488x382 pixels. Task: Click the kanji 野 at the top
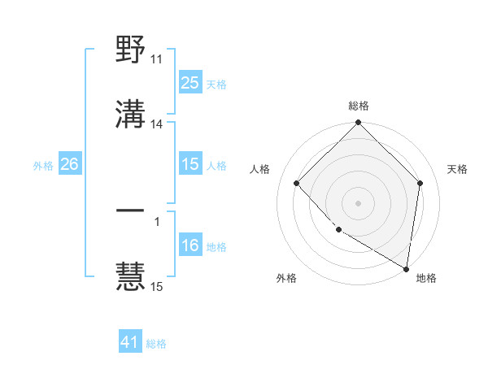pyautogui.click(x=130, y=51)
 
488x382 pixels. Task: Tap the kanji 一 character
pyautogui.click(x=130, y=211)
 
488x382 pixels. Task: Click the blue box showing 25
pyautogui.click(x=190, y=83)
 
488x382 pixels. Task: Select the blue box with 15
pyautogui.click(x=190, y=164)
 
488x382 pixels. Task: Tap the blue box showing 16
pyautogui.click(x=190, y=245)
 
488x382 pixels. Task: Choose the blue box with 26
pyautogui.click(x=69, y=164)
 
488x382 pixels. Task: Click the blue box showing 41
pyautogui.click(x=130, y=342)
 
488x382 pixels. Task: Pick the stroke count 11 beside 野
pyautogui.click(x=157, y=59)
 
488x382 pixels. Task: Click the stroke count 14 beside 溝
pyautogui.click(x=157, y=124)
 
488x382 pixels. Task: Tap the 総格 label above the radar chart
pyautogui.click(x=359, y=106)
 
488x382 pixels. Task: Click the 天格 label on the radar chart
pyautogui.click(x=457, y=169)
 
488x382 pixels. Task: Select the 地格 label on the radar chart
pyautogui.click(x=426, y=278)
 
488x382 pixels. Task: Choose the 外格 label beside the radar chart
pyautogui.click(x=286, y=278)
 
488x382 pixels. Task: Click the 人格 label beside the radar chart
pyautogui.click(x=261, y=169)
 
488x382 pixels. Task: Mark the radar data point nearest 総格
pyautogui.click(x=359, y=124)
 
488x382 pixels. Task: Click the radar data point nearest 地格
pyautogui.click(x=406, y=268)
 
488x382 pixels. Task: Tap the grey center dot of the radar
pyautogui.click(x=359, y=202)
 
